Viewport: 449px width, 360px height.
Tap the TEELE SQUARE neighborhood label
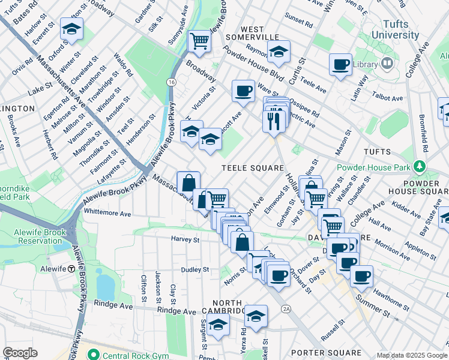pos(252,169)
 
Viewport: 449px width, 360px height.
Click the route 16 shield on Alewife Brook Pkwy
pos(172,82)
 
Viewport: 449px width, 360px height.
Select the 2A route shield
pos(286,309)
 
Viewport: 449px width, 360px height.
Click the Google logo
pos(20,352)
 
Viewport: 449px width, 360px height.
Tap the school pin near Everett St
pos(71,29)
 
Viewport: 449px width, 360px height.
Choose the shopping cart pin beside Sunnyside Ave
pos(199,41)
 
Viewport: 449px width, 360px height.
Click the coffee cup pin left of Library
pos(341,64)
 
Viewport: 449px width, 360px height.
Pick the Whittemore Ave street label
pos(107,213)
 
